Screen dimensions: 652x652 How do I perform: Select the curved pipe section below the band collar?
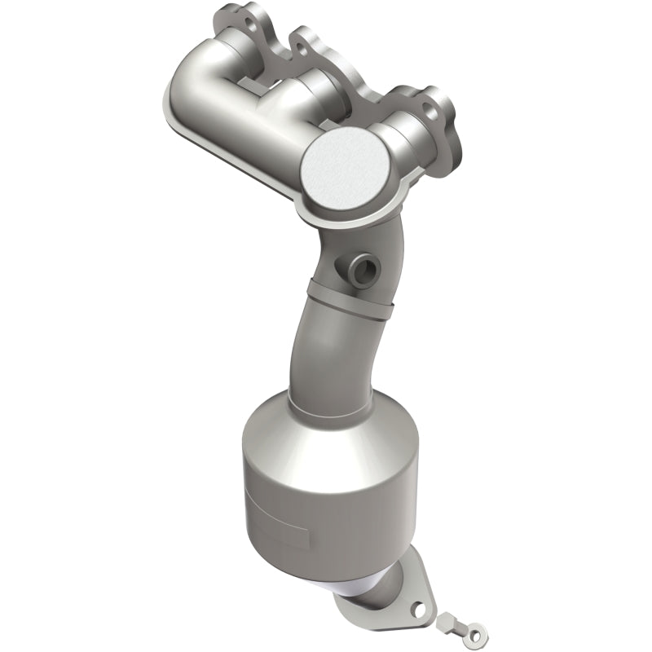[x=314, y=350]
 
